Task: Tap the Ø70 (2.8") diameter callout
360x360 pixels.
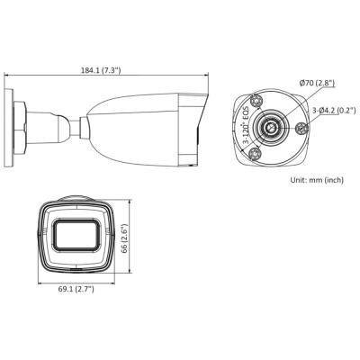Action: (319, 84)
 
